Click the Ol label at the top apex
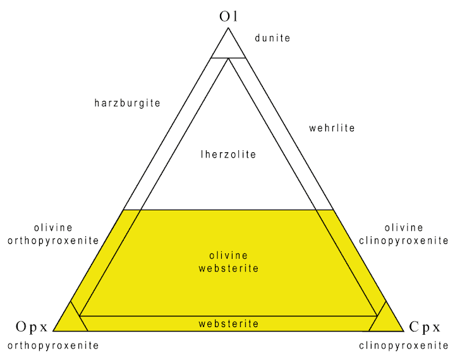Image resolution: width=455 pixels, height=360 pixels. point(228,17)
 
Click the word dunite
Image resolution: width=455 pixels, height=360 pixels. point(272,38)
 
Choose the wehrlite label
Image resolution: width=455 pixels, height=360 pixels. point(332,128)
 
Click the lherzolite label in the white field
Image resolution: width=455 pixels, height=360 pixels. point(228,154)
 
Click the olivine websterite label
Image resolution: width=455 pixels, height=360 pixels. point(228,262)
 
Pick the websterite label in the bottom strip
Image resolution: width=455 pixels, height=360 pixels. point(228,323)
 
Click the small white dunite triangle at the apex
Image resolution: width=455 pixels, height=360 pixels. point(228,47)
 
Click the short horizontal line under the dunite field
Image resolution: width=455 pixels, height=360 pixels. point(228,58)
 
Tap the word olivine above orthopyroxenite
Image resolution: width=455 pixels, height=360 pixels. point(54,228)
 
